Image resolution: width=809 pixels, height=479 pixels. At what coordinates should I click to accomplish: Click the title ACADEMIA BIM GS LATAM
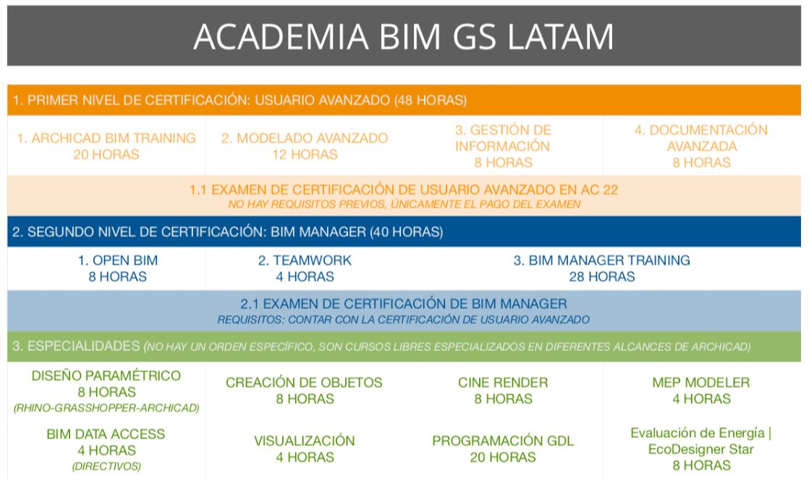(x=404, y=36)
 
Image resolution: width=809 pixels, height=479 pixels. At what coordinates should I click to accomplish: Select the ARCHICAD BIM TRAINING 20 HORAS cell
(x=106, y=146)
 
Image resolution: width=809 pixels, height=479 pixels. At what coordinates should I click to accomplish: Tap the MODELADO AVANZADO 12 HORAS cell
(x=305, y=146)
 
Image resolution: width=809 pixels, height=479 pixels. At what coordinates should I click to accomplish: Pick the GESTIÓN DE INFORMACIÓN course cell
(x=503, y=146)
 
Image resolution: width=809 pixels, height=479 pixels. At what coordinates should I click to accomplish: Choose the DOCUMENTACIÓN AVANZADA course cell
(x=701, y=146)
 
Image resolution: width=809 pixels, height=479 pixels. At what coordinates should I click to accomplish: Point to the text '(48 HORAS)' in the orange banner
(x=431, y=100)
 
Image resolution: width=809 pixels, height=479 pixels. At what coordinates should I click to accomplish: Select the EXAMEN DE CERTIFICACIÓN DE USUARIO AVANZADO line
(x=404, y=190)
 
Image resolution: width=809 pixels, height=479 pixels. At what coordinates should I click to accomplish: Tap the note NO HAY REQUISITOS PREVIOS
(x=404, y=204)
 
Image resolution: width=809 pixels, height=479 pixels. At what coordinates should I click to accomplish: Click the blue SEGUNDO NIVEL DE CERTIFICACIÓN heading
(x=227, y=232)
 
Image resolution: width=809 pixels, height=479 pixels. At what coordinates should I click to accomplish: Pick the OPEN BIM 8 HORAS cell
(x=118, y=268)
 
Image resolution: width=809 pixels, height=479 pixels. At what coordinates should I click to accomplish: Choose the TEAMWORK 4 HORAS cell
(x=305, y=268)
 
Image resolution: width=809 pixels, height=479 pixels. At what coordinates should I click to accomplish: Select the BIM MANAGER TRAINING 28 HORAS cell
(x=601, y=268)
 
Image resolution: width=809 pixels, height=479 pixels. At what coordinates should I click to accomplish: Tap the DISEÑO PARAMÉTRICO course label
(x=106, y=376)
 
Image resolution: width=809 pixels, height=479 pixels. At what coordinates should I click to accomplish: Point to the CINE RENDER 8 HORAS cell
(x=503, y=391)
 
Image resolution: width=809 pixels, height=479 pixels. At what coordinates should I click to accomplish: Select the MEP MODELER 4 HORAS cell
(x=701, y=391)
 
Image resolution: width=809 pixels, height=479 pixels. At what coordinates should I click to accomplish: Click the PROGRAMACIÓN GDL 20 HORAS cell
(x=503, y=449)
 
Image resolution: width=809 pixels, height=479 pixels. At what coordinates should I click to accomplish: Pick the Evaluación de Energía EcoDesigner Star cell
(x=701, y=449)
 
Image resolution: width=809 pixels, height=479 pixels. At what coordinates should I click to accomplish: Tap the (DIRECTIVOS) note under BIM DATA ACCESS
(x=106, y=467)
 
